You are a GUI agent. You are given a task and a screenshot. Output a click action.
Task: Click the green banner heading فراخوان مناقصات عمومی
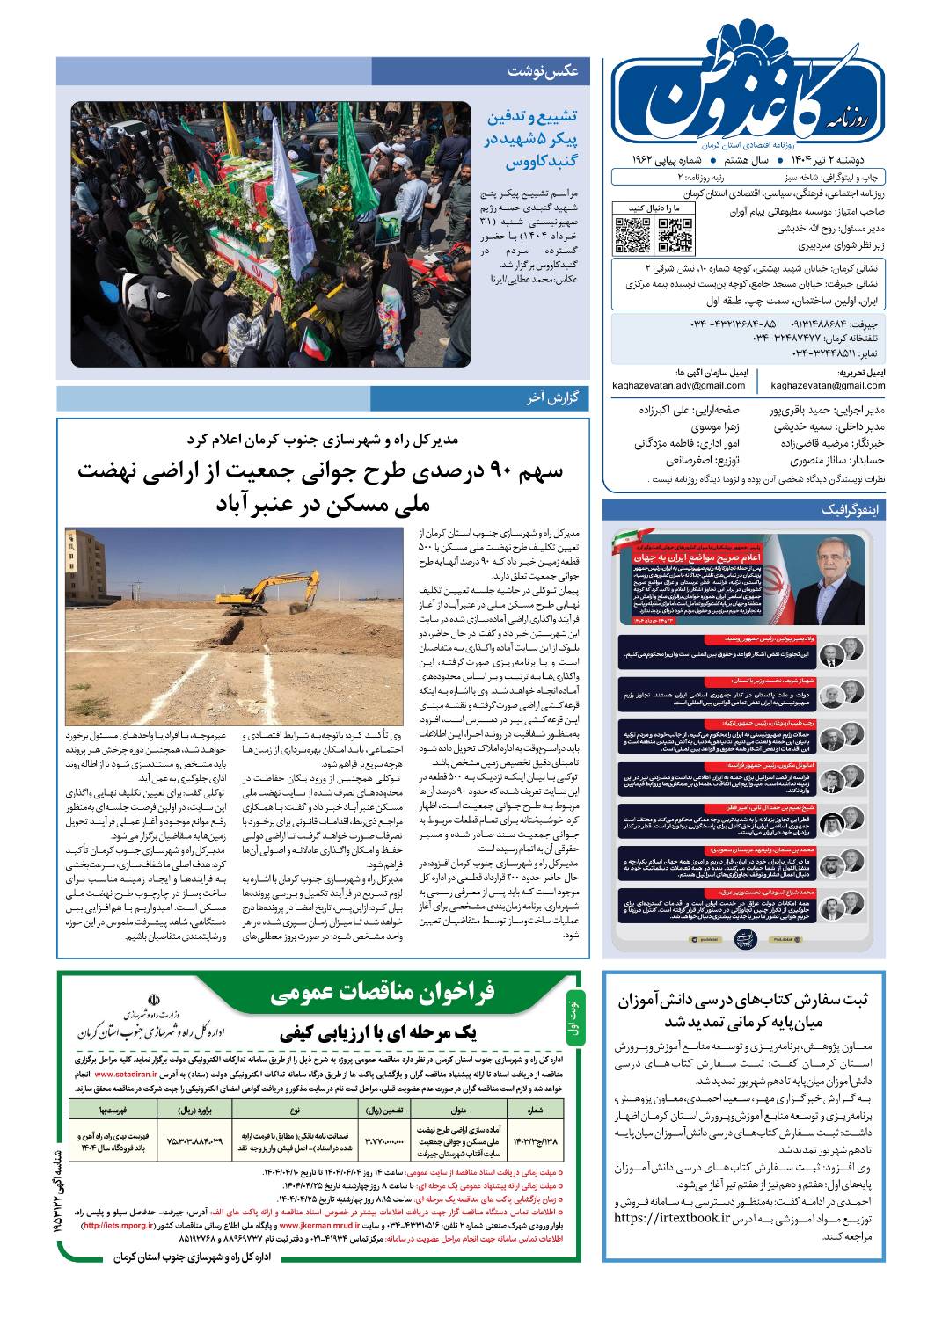pyautogui.click(x=383, y=993)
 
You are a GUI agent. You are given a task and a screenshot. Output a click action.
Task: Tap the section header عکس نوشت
pyautogui.click(x=544, y=72)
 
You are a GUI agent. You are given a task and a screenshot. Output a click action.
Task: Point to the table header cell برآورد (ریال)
pyautogui.click(x=202, y=1110)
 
